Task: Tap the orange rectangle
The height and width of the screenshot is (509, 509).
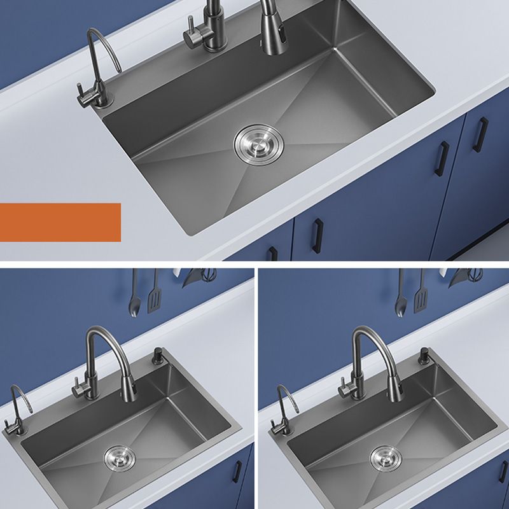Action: coord(60,222)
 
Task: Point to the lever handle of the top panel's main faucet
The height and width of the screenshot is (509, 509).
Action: coord(189,32)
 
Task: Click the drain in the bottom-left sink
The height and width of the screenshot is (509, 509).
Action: coord(118,456)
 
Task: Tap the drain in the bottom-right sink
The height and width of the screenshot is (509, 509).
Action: coord(386,456)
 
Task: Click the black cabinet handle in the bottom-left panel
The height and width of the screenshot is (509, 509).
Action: coord(237,471)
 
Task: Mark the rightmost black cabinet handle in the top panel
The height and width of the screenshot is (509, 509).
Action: coord(482,134)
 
